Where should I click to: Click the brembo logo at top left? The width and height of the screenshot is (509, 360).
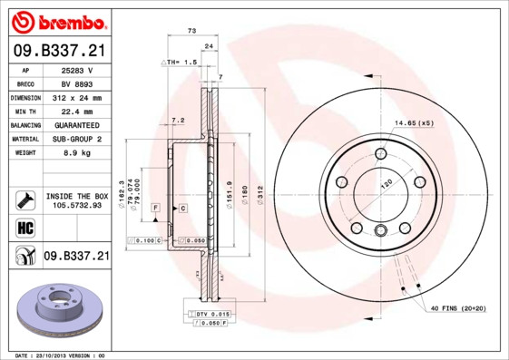(x=57, y=21)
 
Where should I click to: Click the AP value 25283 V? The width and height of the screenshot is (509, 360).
(x=77, y=70)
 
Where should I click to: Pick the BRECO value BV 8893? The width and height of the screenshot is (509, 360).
(x=77, y=83)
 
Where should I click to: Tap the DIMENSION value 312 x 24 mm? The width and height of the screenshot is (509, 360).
(x=77, y=97)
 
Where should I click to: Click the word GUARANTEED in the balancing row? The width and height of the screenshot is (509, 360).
(x=77, y=124)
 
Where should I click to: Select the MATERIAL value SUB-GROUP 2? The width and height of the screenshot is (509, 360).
(x=77, y=139)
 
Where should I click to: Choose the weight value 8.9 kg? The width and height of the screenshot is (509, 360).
(x=77, y=152)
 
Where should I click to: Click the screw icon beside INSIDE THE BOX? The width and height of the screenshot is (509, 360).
(x=24, y=199)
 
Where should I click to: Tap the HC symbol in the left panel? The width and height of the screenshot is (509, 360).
(x=24, y=229)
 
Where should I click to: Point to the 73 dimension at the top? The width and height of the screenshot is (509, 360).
(x=191, y=32)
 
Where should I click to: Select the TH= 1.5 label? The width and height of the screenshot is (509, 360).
(x=180, y=62)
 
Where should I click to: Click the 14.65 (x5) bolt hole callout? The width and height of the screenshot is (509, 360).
(x=413, y=122)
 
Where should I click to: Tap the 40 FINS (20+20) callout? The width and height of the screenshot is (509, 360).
(x=458, y=308)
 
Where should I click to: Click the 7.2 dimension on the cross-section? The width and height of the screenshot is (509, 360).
(x=178, y=120)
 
